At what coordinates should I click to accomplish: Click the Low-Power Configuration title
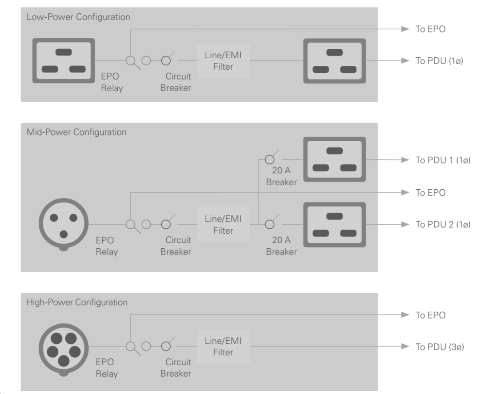(78, 17)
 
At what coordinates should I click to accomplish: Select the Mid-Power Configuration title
(76, 132)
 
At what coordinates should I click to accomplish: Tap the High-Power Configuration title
(77, 302)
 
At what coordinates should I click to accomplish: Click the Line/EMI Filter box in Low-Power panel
(223, 61)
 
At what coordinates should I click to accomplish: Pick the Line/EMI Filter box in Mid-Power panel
(223, 225)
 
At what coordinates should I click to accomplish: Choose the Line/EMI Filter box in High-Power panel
(223, 346)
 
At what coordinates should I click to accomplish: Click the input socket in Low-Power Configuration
(64, 60)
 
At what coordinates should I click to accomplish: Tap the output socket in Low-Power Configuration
(334, 61)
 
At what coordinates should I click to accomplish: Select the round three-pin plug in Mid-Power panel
(64, 225)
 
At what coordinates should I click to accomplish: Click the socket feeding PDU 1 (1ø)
(334, 159)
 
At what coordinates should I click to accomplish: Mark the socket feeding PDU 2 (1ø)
(334, 224)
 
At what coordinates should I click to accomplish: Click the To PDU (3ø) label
(440, 347)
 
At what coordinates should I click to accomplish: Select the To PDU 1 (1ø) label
(443, 160)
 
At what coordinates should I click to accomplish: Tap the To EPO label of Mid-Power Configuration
(430, 193)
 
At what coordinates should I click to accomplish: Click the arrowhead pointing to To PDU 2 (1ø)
(405, 224)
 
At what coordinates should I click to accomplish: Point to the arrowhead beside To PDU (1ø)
(405, 61)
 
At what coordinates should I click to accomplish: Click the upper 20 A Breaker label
(281, 176)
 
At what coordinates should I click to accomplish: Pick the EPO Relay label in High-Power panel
(107, 368)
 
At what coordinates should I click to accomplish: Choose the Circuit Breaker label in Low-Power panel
(176, 82)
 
